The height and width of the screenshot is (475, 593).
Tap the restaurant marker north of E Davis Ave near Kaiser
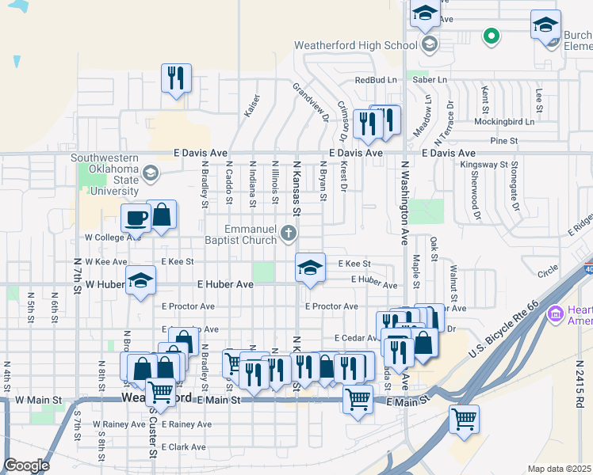[175, 78]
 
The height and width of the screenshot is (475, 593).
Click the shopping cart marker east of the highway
[463, 417]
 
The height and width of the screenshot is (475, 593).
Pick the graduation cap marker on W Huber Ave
[141, 280]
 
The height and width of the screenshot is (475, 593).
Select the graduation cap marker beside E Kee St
[310, 268]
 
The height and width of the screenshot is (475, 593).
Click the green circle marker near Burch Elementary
[492, 35]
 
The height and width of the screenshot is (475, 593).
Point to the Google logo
[26, 465]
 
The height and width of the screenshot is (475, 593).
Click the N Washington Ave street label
[404, 202]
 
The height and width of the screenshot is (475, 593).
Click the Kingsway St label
[484, 165]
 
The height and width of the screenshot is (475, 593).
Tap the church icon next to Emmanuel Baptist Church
[289, 233]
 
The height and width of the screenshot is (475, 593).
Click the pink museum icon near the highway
[555, 314]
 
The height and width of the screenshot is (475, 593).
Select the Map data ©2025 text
[559, 469]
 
